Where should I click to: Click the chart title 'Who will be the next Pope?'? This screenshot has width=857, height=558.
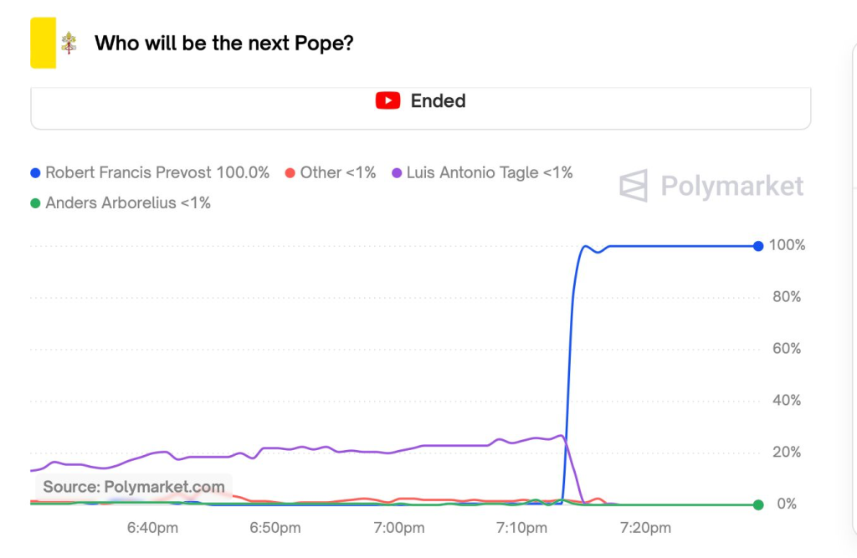coord(223,43)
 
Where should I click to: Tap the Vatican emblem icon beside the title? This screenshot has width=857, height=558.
coord(69,44)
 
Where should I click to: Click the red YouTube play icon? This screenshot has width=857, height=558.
coord(387,100)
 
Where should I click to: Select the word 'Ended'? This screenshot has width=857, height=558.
coord(438,100)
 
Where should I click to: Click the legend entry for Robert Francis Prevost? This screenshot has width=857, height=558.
coord(150,173)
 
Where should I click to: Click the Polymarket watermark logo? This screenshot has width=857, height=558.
coord(711,186)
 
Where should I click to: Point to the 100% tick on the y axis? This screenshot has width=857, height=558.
coord(787,246)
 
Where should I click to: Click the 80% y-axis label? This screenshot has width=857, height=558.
coord(787,298)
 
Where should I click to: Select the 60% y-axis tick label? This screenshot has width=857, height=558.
coord(787,349)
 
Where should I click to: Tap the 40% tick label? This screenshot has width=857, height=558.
coord(787,401)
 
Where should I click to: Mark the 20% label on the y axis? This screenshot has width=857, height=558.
coord(787,453)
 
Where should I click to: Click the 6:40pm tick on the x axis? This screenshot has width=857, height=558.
coord(151,529)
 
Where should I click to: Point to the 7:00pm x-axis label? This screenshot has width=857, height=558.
coord(399,529)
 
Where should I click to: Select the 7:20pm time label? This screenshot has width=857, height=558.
coord(645,529)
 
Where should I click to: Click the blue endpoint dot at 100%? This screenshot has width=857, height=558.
coord(758,246)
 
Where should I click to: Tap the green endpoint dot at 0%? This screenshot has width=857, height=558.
coord(758,504)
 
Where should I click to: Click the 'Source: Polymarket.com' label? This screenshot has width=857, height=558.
coord(134,487)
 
